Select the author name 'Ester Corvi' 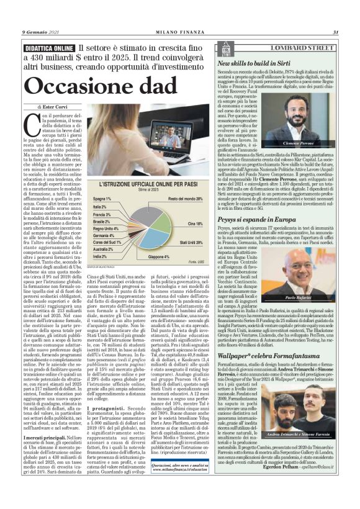[x=60, y=107]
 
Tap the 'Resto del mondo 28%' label [x=185, y=199]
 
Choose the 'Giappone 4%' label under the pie [x=159, y=256]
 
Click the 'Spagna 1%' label [x=102, y=199]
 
